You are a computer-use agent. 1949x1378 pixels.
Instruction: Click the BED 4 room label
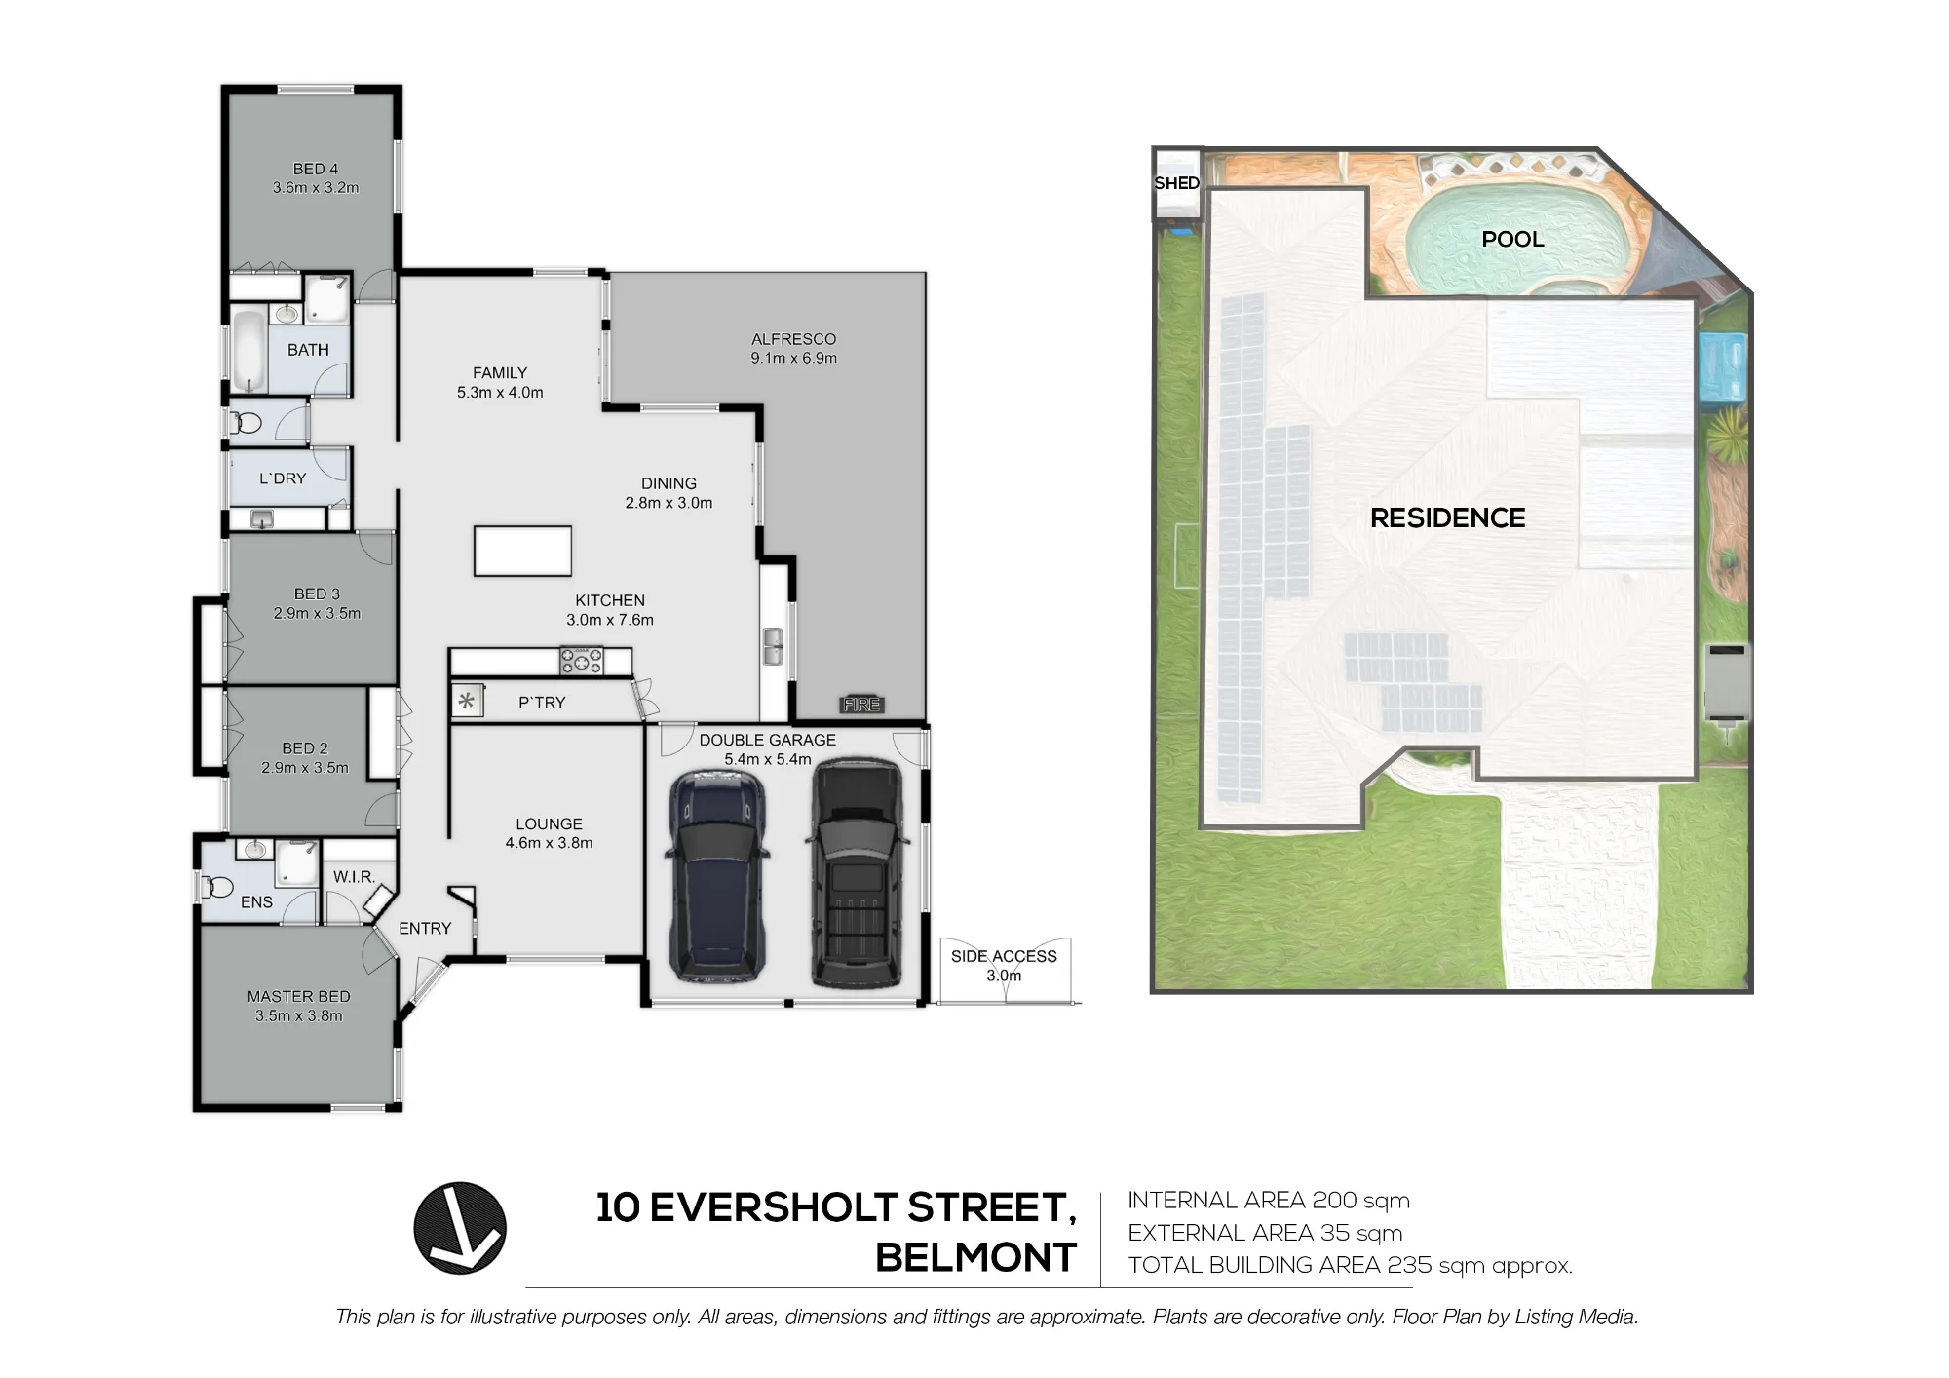click(316, 169)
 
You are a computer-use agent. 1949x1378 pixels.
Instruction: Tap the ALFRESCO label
click(793, 339)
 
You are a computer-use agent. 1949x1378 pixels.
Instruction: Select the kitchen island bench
click(522, 551)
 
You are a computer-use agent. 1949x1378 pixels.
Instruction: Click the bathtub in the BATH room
click(250, 351)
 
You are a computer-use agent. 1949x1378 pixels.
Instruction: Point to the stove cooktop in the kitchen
click(581, 661)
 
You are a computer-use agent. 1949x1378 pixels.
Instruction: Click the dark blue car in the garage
click(716, 874)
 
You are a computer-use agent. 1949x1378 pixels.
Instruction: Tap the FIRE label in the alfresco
click(861, 705)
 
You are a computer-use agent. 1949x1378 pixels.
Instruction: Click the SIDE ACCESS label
click(1004, 956)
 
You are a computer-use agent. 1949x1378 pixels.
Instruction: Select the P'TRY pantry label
click(542, 703)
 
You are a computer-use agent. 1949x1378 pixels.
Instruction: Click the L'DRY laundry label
click(283, 478)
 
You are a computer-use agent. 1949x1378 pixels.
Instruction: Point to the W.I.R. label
click(354, 877)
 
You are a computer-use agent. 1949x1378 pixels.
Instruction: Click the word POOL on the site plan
click(1512, 239)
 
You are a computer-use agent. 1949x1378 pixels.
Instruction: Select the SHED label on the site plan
click(1176, 183)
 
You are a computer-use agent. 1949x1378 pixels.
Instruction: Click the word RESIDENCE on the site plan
click(1447, 517)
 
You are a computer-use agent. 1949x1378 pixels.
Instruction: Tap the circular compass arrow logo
click(460, 1228)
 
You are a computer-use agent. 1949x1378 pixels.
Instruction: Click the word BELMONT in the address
click(975, 1258)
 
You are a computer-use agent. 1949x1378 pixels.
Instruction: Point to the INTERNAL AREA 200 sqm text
click(1269, 1201)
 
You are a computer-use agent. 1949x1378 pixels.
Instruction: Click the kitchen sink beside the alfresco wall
click(773, 646)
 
